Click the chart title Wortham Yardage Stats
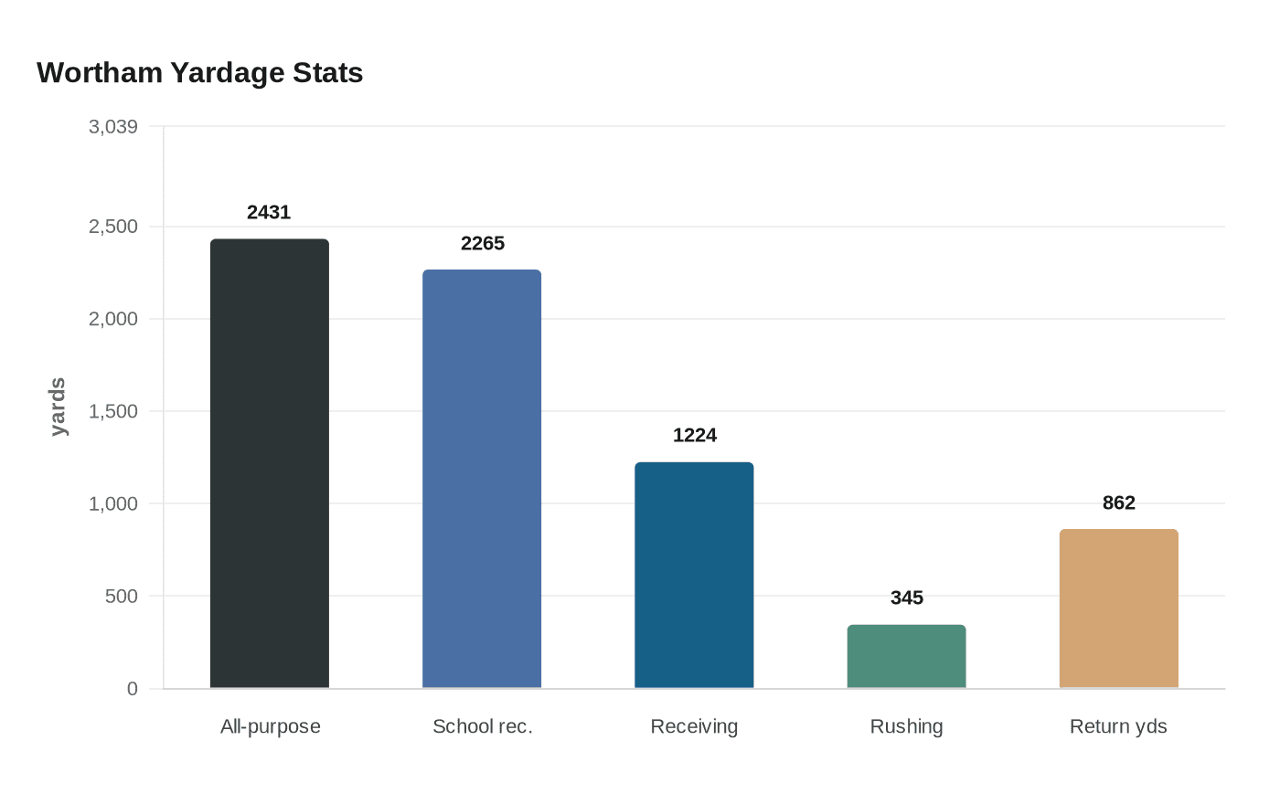[x=199, y=73]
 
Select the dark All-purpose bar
[x=270, y=463]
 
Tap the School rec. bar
[x=482, y=479]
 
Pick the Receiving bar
[x=694, y=575]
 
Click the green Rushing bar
[x=906, y=656]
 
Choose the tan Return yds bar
[x=1118, y=608]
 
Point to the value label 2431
[x=269, y=213]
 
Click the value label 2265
[x=483, y=244]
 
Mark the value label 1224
[x=695, y=436]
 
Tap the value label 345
[x=907, y=598]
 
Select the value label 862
[x=1119, y=503]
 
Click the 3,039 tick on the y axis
[x=113, y=127]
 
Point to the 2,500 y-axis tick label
[x=113, y=227]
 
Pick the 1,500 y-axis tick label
[x=113, y=412]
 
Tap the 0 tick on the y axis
[x=133, y=689]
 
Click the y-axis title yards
[x=58, y=407]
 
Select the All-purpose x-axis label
[x=271, y=727]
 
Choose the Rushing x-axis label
[x=906, y=727]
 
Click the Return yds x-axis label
[x=1118, y=727]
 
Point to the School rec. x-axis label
[x=483, y=727]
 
